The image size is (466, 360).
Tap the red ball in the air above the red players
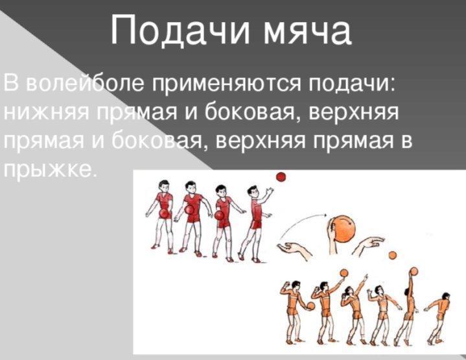(281, 176)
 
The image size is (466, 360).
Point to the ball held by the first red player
(164, 213)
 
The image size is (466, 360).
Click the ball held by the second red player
(189, 210)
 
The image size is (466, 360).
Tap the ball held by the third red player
(219, 215)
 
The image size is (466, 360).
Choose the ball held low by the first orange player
(310, 306)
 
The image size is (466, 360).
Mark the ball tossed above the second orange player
(344, 273)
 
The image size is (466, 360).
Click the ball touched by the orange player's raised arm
(414, 271)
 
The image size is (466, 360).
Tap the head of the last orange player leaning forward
(446, 297)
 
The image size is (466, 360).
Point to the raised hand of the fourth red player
(269, 191)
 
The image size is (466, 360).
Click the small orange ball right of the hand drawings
(392, 255)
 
